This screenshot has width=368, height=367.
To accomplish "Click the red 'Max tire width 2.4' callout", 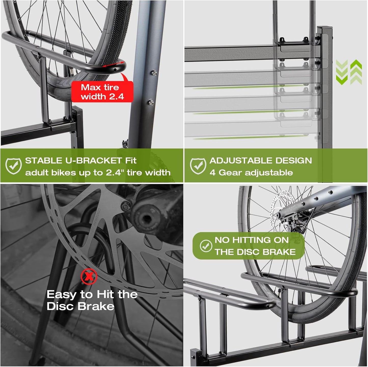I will (102, 92).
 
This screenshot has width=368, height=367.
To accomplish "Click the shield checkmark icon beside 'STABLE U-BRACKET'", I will (13, 166).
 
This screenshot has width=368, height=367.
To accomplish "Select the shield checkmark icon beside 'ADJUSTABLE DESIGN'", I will (198, 166).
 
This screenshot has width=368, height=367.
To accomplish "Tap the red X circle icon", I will (89, 276).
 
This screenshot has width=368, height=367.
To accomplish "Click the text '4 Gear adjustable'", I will (251, 173).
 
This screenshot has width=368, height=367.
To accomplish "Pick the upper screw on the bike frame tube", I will (154, 72).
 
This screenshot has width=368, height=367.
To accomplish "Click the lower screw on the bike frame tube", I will (151, 102).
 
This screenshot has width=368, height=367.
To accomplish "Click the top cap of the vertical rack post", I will (325, 27).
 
